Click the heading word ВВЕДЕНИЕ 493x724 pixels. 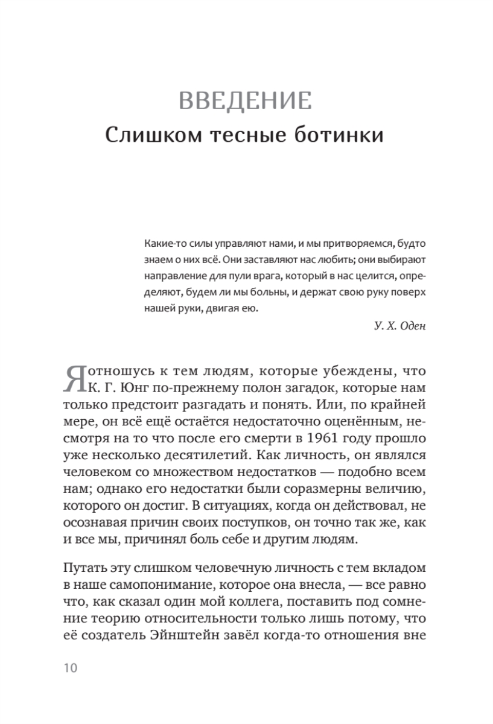coord(246,100)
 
